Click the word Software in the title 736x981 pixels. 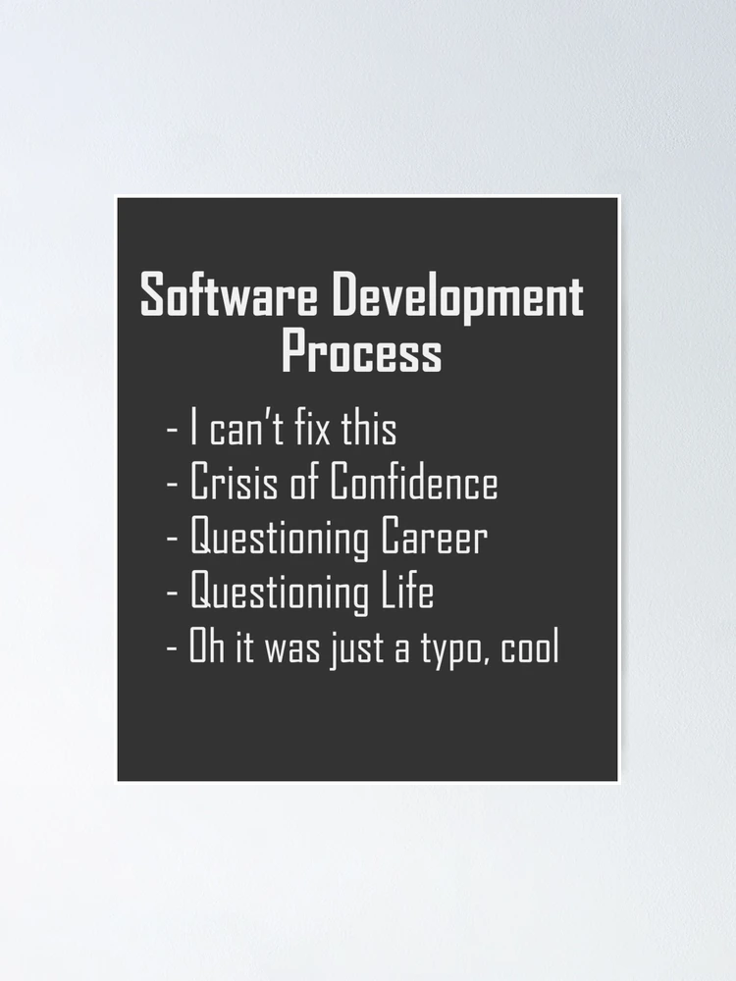coord(229,294)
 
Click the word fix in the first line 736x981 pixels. coord(312,429)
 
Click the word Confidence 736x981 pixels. coord(414,482)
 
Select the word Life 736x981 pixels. coord(407,591)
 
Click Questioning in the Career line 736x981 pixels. coord(279,539)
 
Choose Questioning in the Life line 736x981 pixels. coord(279,594)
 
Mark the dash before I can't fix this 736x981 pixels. coord(172,433)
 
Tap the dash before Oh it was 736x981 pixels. coord(172,650)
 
